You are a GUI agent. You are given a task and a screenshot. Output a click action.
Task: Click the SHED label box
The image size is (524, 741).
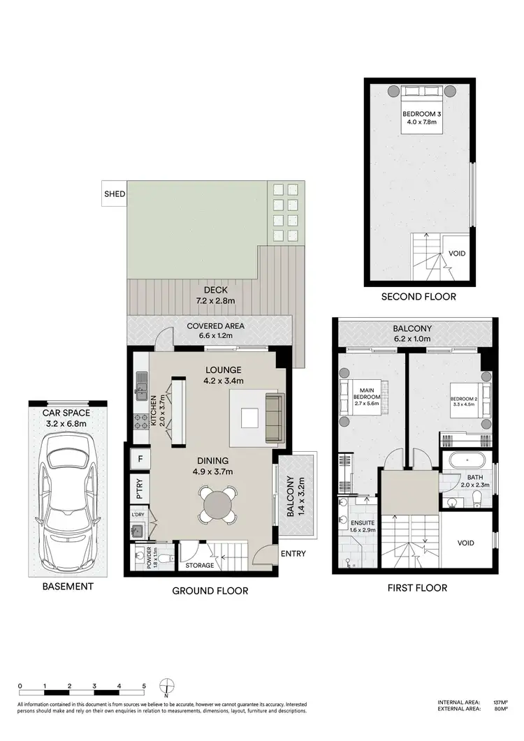pyautogui.click(x=113, y=194)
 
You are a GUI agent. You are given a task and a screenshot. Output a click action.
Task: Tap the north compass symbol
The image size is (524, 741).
pyautogui.click(x=166, y=688)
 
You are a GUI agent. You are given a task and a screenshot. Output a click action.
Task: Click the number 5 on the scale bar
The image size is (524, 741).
pyautogui.click(x=143, y=686)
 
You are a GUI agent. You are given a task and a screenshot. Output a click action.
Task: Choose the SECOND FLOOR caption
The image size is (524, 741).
pyautogui.click(x=419, y=297)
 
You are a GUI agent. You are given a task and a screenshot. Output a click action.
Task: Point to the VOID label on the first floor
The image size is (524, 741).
pyautogui.click(x=465, y=543)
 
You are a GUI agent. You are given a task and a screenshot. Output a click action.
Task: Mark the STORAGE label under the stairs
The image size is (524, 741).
pyautogui.click(x=198, y=565)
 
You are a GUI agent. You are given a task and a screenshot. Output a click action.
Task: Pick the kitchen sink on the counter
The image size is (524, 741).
pyautogui.click(x=142, y=382)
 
